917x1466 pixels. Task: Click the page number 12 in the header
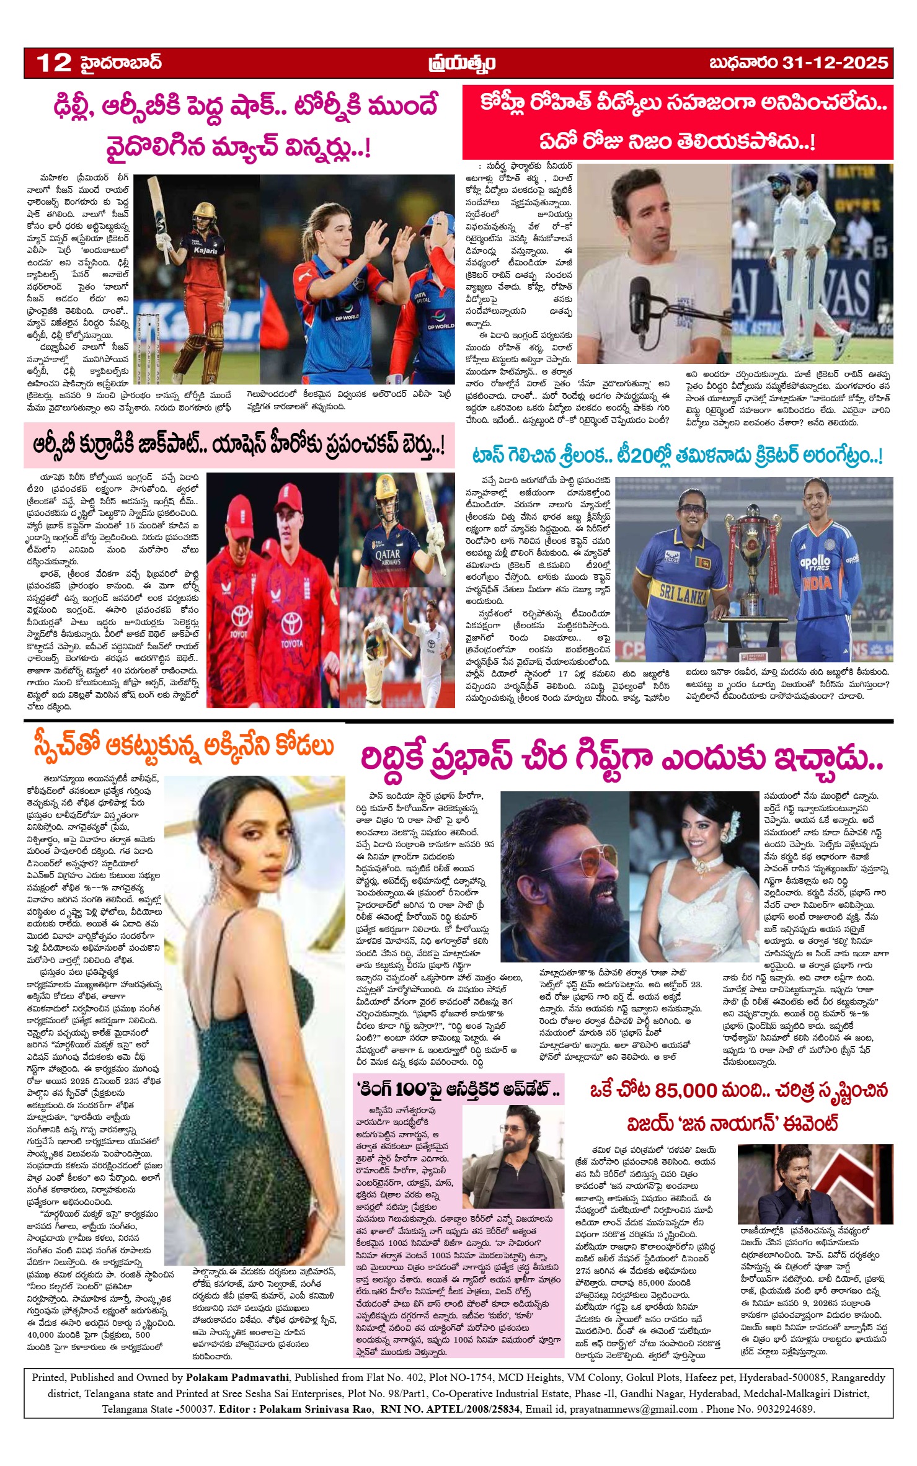click(54, 63)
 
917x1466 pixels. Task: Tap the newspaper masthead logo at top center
click(461, 63)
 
